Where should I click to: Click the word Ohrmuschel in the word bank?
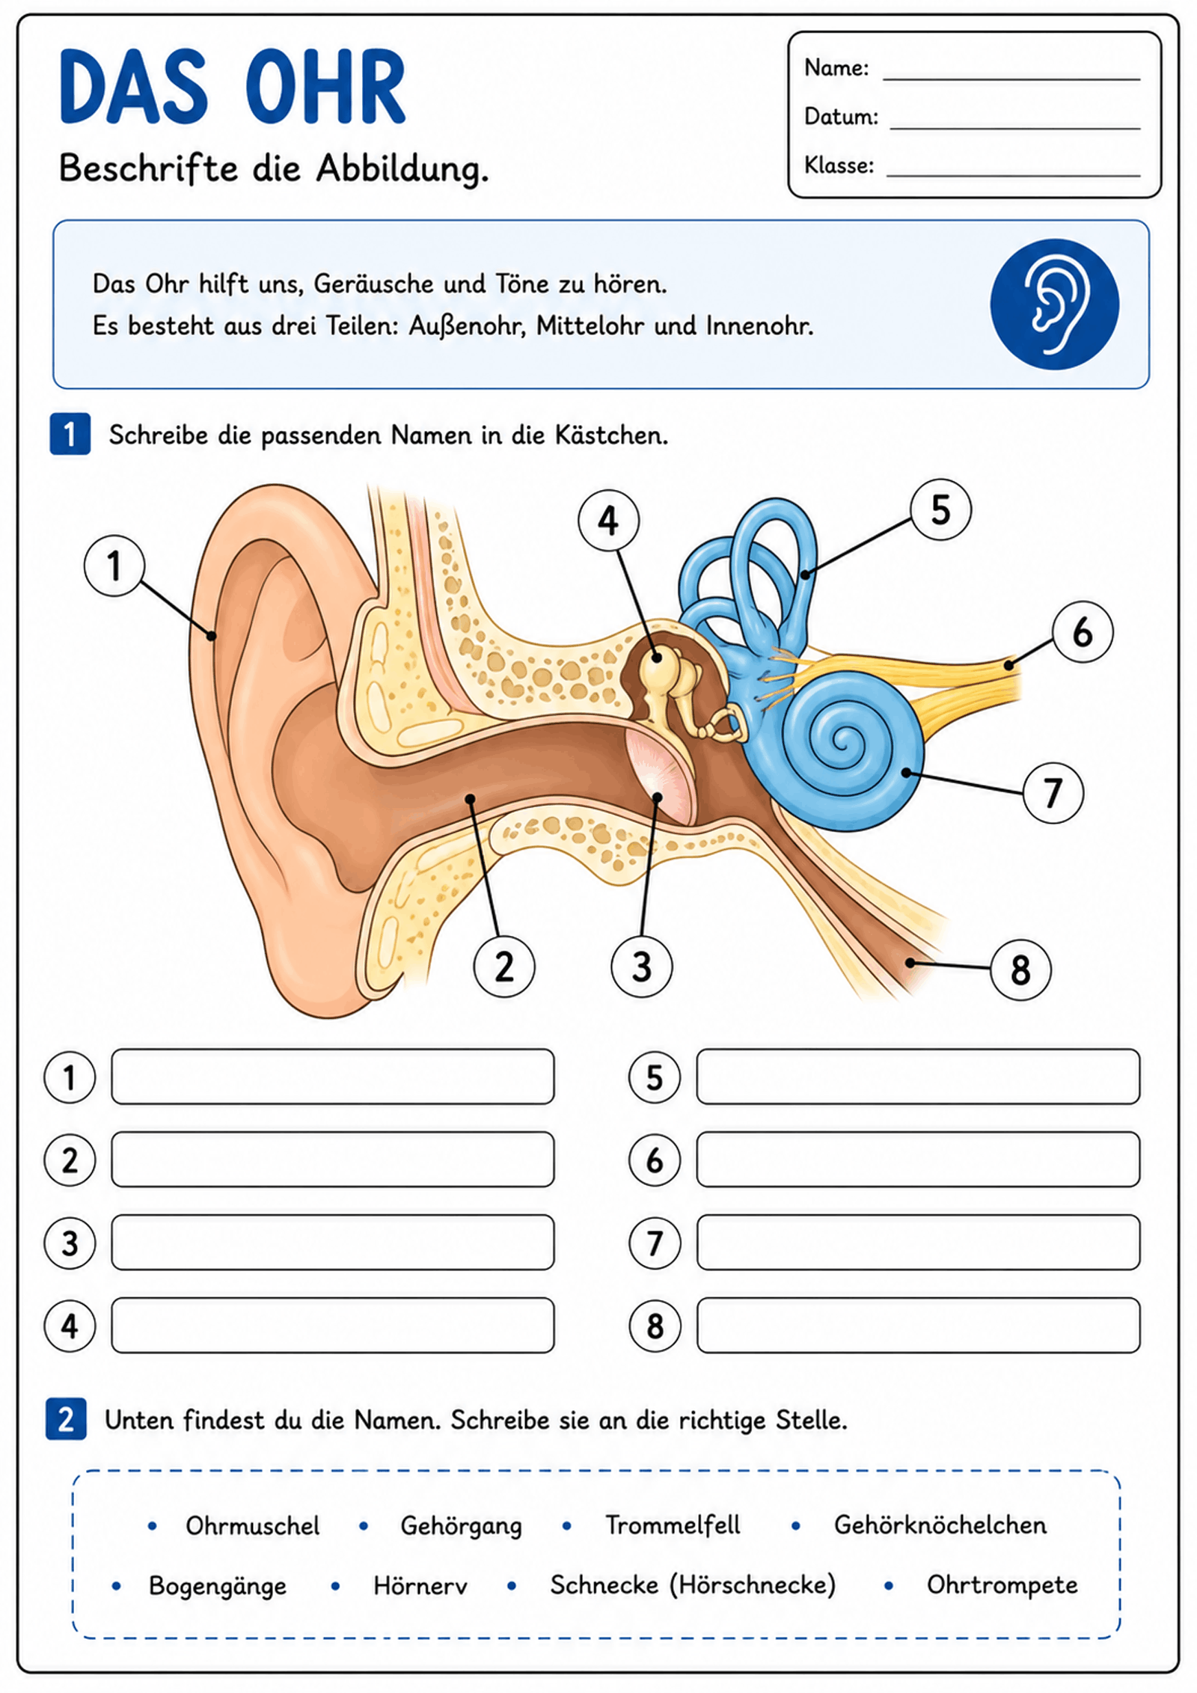pos(252,1525)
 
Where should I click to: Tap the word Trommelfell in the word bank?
pos(673,1525)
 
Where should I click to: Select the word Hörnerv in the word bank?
pos(420,1585)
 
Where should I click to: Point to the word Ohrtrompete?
pos(1002,1585)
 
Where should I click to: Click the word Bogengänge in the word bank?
pos(217,1587)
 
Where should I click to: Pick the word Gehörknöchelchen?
pos(940,1525)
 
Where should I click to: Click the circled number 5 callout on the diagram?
pos(940,510)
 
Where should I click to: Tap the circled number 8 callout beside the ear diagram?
pos(1020,970)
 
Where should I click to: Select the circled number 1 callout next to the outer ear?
pos(114,566)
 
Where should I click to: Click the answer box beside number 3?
pos(333,1243)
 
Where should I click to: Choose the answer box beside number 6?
pos(918,1160)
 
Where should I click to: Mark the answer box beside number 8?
pos(918,1326)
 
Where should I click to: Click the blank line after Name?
pos(1011,79)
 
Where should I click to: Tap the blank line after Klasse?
pos(1013,176)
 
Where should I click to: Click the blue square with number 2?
pos(66,1418)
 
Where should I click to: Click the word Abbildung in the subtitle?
pos(402,169)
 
